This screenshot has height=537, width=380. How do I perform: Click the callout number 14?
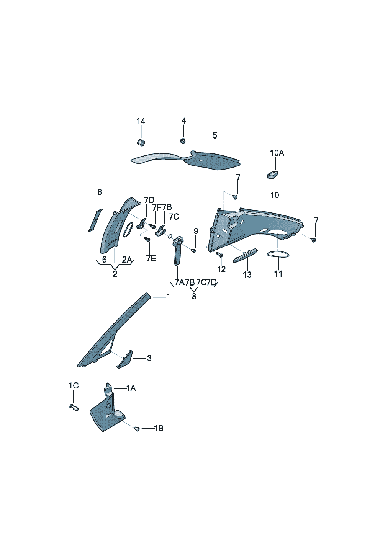[141, 121]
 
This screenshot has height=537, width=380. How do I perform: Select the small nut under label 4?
[183, 141]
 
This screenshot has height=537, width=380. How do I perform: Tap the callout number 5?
[215, 135]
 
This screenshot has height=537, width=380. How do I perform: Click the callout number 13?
[247, 274]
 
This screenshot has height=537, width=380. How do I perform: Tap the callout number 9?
[196, 231]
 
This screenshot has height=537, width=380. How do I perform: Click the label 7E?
[151, 258]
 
